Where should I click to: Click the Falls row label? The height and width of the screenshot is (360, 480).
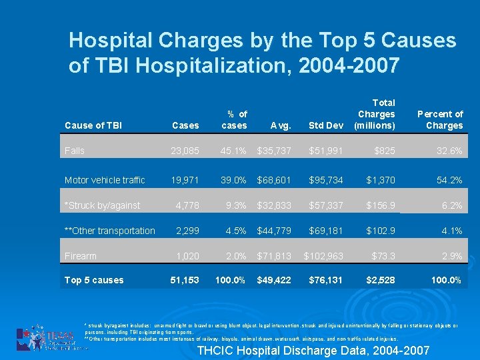(75, 151)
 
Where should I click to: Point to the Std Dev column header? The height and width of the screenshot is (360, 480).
(326, 125)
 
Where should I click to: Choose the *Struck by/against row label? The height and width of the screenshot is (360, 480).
(102, 206)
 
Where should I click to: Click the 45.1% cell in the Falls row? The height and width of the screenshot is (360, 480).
(234, 151)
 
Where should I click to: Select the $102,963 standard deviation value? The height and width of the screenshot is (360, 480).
(323, 256)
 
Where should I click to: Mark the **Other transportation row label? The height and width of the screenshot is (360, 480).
(109, 231)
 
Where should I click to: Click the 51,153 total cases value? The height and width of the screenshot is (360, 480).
(184, 280)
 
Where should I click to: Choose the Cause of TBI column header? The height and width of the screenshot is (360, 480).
(93, 125)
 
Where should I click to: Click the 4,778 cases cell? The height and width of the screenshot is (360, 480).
(187, 206)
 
